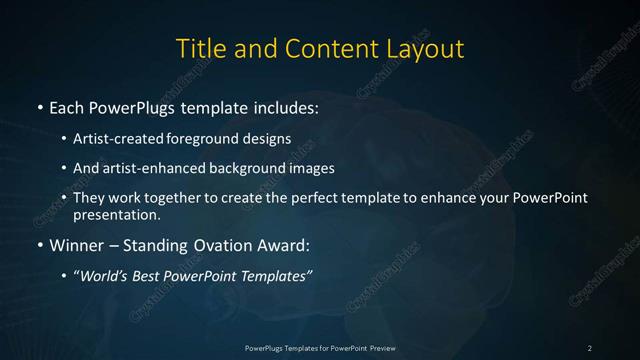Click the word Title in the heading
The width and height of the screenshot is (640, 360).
[x=198, y=48]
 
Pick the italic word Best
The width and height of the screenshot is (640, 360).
[x=150, y=276]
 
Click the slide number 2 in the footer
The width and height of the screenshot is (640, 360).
[x=590, y=348]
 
